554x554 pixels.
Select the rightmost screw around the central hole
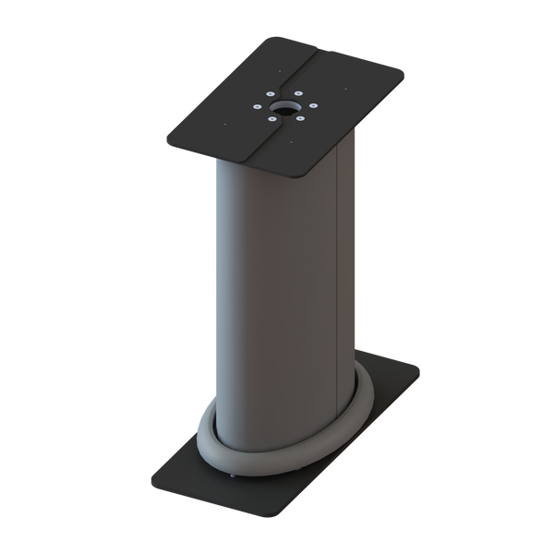pos(314,104)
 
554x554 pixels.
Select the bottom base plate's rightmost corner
pos(421,371)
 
